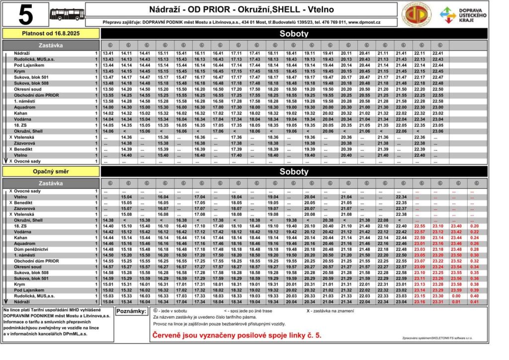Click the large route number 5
[26, 15]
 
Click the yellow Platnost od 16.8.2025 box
[51, 33]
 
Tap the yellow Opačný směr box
[51, 172]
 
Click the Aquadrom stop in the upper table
[25, 107]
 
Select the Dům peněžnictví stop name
[30, 249]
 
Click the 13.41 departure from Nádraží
[108, 53]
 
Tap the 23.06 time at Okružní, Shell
[438, 131]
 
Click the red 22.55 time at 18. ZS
[420, 226]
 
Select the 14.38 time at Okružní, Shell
[108, 220]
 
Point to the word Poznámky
[131, 311]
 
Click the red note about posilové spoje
[237, 335]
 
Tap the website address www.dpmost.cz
[364, 22]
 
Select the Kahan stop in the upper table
[21, 113]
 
